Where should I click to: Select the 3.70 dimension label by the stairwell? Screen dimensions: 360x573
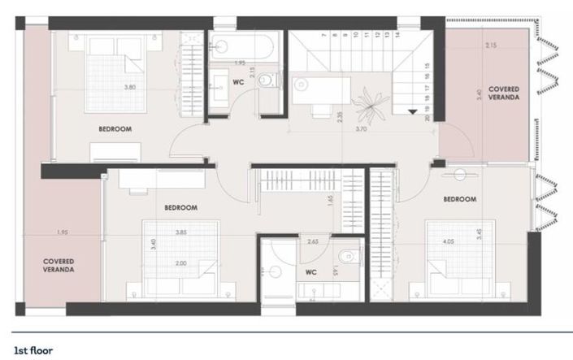[x=362, y=128]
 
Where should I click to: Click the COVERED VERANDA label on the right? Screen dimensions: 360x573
[x=505, y=93]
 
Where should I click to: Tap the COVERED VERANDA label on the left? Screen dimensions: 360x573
[x=59, y=265]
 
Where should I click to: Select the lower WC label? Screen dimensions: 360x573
[x=310, y=273]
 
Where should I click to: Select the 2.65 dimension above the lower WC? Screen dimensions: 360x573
[x=312, y=241]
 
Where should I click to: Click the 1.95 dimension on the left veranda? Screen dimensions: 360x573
[x=62, y=232]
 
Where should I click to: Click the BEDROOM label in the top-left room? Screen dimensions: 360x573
[x=115, y=128]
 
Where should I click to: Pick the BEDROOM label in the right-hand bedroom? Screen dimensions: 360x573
[x=459, y=199]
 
